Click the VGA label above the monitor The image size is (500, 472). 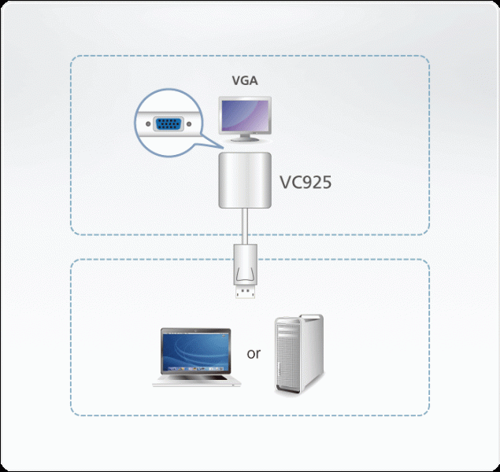coord(244,79)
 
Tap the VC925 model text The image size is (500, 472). coord(306,183)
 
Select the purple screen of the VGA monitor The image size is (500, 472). coord(245,116)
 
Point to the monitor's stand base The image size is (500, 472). coord(245,142)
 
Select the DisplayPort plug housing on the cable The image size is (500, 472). coord(244,265)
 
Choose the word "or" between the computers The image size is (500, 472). coord(254,353)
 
